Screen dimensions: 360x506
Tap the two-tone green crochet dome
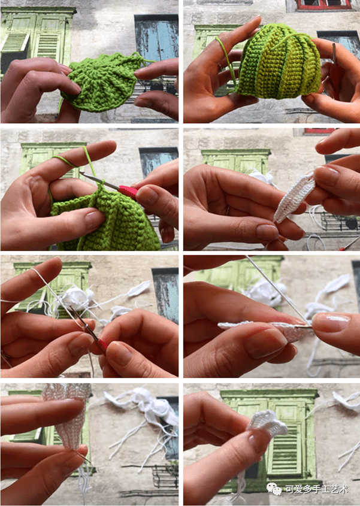[279, 65]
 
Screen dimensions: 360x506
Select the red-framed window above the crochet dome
[323, 5]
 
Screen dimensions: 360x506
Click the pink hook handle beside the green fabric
[129, 192]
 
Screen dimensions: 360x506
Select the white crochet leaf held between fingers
[295, 198]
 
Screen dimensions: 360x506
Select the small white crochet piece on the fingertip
[268, 423]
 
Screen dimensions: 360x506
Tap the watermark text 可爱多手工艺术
[316, 490]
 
